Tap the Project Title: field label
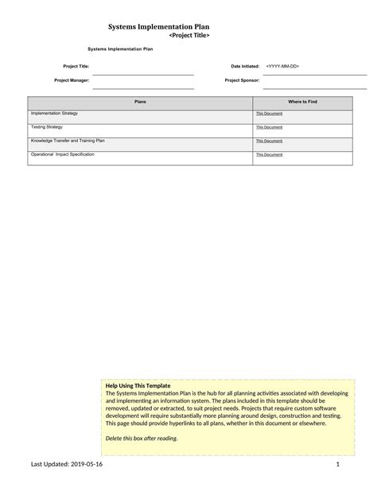(76, 66)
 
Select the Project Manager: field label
(72, 80)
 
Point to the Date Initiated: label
(245, 66)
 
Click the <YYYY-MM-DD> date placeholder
(282, 66)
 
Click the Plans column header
(140, 102)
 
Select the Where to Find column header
(302, 102)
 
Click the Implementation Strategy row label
(54, 114)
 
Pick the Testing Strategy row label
(47, 126)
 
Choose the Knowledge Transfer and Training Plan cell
(68, 141)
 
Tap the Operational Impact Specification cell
(62, 154)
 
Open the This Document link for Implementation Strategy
(269, 114)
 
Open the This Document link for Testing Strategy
(269, 127)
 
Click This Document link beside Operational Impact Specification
(269, 155)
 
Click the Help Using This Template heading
(138, 385)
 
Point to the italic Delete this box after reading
(142, 438)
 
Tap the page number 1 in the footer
(338, 464)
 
